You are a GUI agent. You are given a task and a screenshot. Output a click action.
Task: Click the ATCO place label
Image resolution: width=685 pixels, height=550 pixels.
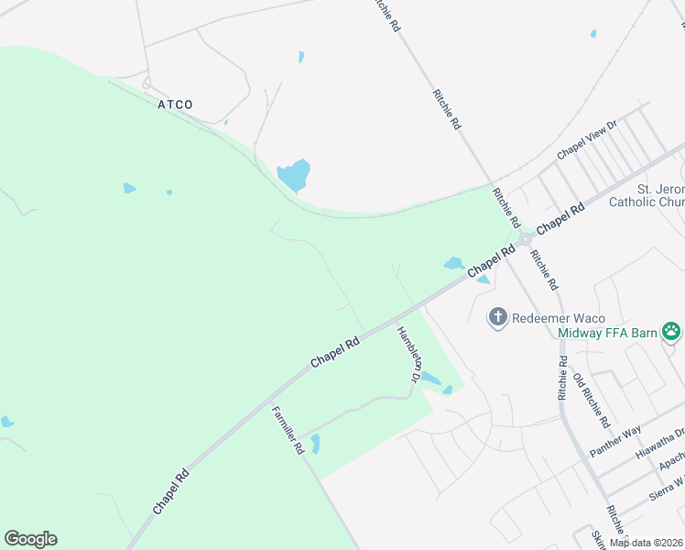pyautogui.click(x=175, y=104)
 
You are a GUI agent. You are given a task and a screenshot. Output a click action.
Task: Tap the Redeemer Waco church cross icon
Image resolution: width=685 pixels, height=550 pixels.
pyautogui.click(x=498, y=318)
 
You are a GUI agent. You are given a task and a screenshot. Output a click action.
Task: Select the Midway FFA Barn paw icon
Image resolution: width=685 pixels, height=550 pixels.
pyautogui.click(x=671, y=331)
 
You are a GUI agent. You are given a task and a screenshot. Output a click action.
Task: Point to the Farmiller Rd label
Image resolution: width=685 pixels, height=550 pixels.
pyautogui.click(x=287, y=430)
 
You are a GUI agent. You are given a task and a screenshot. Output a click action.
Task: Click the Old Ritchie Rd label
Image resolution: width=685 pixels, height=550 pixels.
pyautogui.click(x=591, y=401)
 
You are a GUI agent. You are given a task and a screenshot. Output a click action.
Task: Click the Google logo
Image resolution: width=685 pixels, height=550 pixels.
pyautogui.click(x=30, y=539)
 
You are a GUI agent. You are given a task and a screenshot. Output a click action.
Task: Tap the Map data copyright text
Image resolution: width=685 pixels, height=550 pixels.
pyautogui.click(x=647, y=543)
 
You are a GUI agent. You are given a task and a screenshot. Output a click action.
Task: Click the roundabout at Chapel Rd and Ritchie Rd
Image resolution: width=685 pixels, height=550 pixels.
pyautogui.click(x=525, y=238)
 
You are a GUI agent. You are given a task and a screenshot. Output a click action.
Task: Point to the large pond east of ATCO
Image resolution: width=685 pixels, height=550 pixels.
pyautogui.click(x=294, y=174)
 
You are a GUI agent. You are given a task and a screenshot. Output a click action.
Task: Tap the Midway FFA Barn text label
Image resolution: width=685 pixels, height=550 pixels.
pyautogui.click(x=608, y=332)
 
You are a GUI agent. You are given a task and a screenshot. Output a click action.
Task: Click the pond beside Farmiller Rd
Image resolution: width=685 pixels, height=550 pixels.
pyautogui.click(x=315, y=445)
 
